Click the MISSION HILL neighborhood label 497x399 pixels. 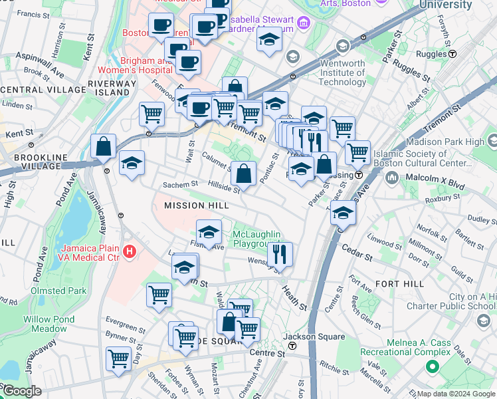[196, 205]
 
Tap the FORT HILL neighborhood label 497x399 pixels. [399, 284]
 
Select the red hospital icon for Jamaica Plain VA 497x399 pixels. [130, 252]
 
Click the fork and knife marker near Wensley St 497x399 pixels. [280, 254]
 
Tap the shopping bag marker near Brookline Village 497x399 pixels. [103, 147]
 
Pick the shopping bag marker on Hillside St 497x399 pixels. [243, 174]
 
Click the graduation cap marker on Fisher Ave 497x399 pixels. [209, 232]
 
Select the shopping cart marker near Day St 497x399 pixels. [118, 358]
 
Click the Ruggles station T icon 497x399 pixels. [452, 53]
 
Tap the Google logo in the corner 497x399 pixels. [22, 391]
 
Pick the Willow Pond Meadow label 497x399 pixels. [45, 324]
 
